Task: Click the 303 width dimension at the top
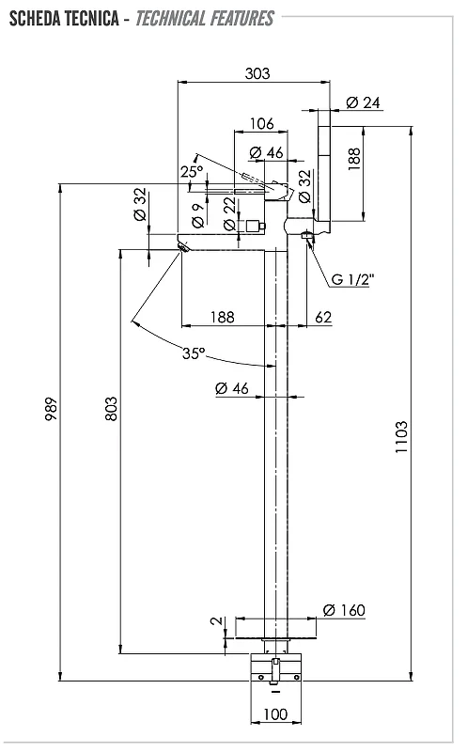click(257, 73)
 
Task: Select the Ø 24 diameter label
click(363, 102)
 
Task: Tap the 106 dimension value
click(262, 124)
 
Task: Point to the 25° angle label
click(192, 171)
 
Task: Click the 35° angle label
click(194, 353)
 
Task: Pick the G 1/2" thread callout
click(352, 279)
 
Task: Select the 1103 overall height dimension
click(401, 437)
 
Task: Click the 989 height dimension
click(52, 409)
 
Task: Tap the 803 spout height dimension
click(111, 409)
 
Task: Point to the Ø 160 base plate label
click(344, 610)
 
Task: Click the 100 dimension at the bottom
click(275, 714)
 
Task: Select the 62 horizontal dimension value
click(323, 317)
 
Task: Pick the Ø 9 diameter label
click(198, 215)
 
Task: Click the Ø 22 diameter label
click(229, 214)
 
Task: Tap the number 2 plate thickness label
click(217, 620)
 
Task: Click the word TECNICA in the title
click(92, 19)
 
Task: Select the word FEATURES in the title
click(242, 19)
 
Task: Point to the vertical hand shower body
click(324, 165)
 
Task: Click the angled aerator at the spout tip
click(183, 248)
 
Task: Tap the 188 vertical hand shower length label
click(354, 159)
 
